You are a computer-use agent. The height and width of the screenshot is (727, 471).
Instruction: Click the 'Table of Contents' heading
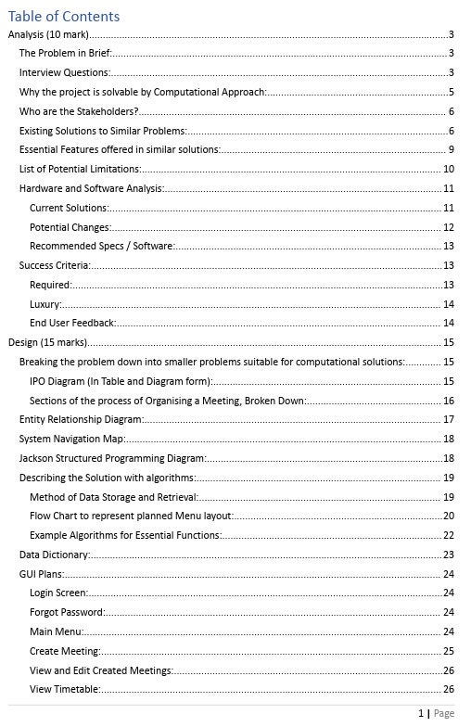[x=64, y=16]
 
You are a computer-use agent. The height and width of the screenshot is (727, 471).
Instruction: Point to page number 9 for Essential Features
[x=450, y=149]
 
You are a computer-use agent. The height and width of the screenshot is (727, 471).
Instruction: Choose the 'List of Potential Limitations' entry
[x=81, y=169]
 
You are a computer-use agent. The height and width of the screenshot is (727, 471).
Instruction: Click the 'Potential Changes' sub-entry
[x=70, y=227]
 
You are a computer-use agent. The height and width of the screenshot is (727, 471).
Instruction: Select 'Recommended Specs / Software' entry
[x=102, y=246]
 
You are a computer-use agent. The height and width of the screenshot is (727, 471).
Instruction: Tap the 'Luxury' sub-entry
[x=45, y=304]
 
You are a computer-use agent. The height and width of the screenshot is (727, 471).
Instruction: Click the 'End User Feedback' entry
[x=73, y=323]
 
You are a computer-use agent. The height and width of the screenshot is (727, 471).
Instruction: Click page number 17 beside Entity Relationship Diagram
[x=448, y=419]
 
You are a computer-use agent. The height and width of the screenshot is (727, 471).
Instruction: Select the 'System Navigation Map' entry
[x=72, y=439]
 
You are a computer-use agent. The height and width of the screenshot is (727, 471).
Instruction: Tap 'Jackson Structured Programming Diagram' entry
[x=113, y=458]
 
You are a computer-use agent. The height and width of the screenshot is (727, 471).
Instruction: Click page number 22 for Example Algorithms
[x=448, y=535]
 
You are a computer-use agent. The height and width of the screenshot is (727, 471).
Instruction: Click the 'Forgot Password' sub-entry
[x=67, y=612]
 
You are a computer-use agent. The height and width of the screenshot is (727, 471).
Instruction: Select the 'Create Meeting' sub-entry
[x=65, y=651]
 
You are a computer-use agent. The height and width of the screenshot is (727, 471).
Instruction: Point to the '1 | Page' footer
[x=436, y=713]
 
